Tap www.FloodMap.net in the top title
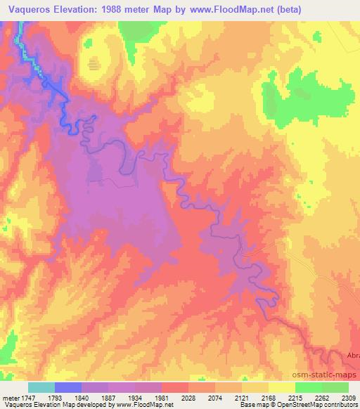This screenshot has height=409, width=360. (229, 9)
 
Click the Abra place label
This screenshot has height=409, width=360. (352, 356)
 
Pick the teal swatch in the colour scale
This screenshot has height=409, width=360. (41, 387)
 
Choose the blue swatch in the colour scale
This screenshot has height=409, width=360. (68, 387)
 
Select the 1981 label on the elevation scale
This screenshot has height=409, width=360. (168, 398)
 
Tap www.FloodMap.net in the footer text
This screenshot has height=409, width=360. (145, 405)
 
